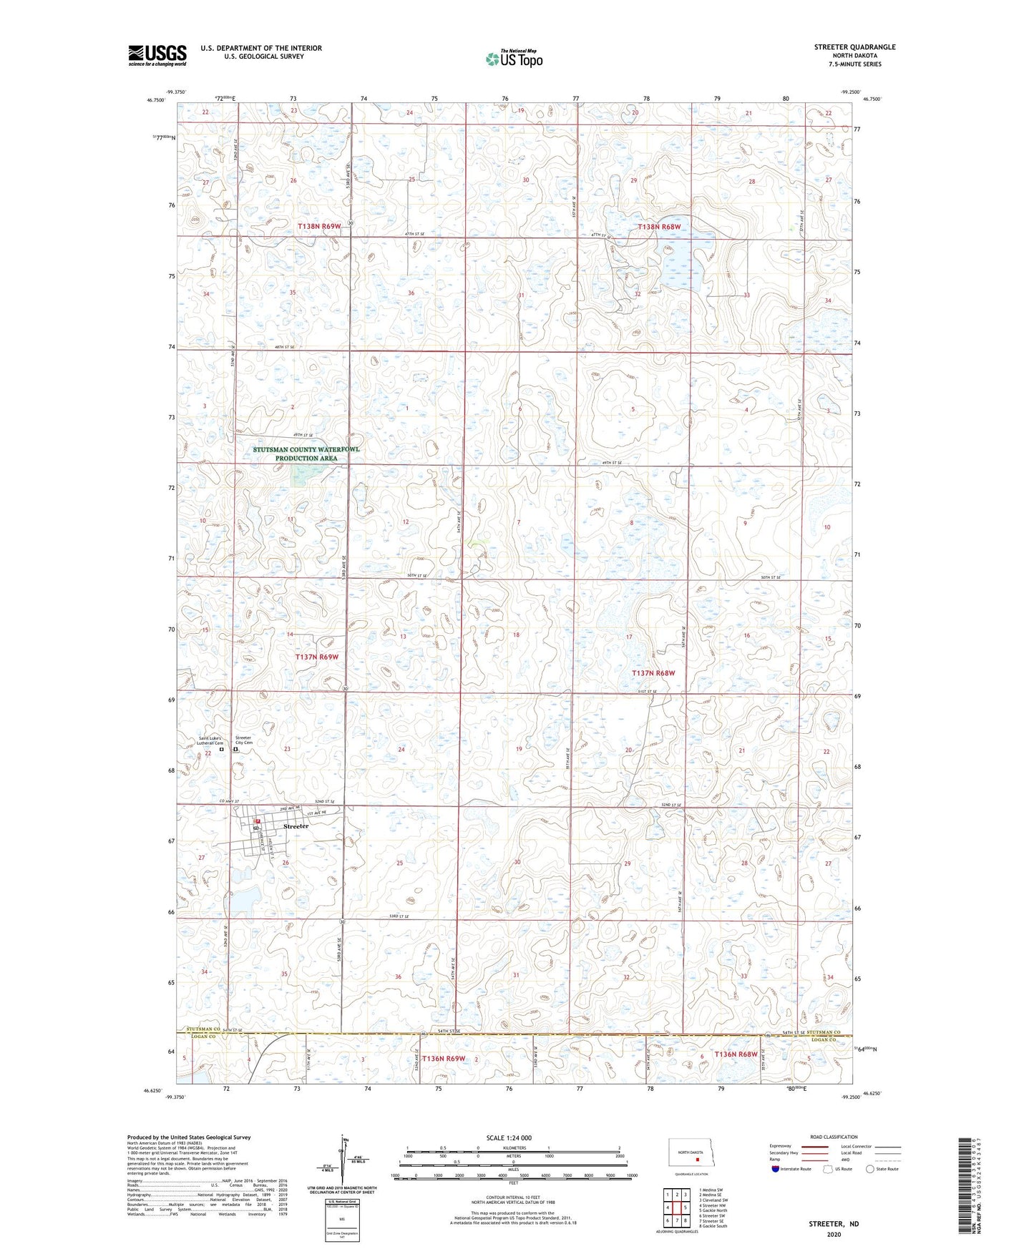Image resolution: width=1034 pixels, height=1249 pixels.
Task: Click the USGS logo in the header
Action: point(157,55)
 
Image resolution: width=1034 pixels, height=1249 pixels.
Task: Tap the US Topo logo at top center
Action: point(514,59)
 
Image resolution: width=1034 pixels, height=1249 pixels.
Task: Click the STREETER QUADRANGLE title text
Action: point(854,47)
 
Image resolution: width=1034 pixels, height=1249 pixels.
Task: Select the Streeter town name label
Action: point(296,826)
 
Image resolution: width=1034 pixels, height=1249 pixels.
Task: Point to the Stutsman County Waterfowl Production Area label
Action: point(306,454)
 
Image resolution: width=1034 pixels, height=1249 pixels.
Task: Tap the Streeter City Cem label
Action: point(244,740)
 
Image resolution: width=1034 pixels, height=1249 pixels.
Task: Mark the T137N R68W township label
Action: point(653,673)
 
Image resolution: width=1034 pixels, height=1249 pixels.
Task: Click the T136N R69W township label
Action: point(444,1058)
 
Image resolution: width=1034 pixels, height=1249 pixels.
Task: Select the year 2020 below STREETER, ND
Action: point(834,1234)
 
